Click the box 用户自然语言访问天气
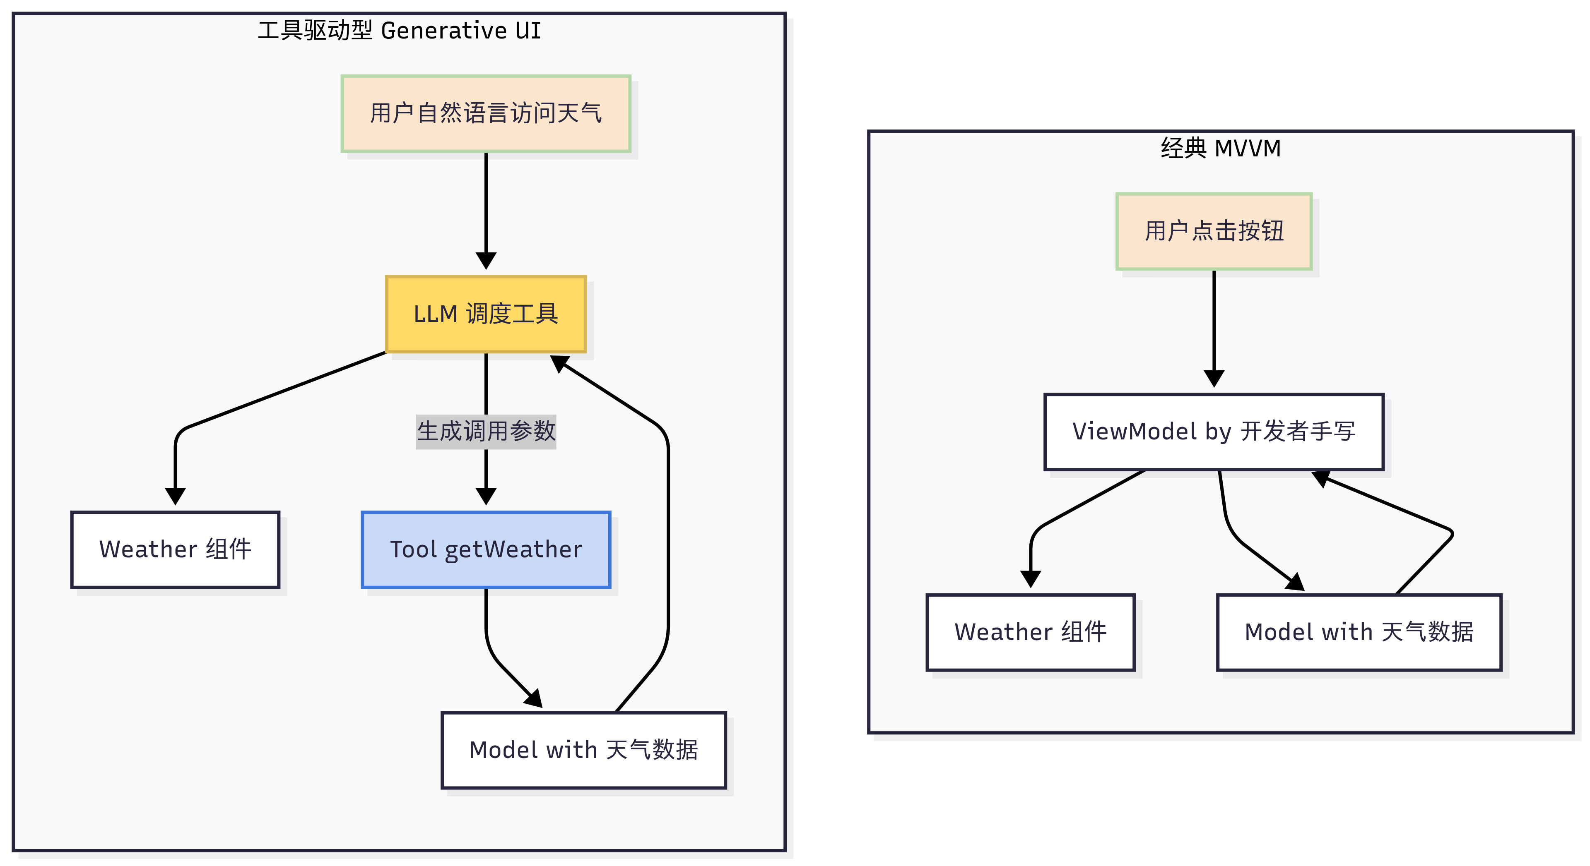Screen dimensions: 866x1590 (486, 113)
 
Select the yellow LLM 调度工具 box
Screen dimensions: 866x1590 (486, 314)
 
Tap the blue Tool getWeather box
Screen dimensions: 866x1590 (486, 549)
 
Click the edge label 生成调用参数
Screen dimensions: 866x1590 (486, 431)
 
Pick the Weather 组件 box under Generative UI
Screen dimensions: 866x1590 (175, 549)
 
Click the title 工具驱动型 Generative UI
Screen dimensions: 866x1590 (399, 30)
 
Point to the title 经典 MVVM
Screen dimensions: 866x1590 (1220, 148)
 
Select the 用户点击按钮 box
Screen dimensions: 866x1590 (1214, 231)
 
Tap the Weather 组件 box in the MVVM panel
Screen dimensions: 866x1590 (1030, 632)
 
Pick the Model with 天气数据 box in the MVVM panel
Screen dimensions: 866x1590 (1359, 632)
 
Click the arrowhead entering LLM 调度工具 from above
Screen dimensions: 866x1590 (486, 260)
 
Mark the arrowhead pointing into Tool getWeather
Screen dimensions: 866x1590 (486, 496)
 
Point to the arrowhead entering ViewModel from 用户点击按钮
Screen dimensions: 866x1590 (1214, 378)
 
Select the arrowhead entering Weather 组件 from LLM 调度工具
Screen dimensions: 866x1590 (175, 496)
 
